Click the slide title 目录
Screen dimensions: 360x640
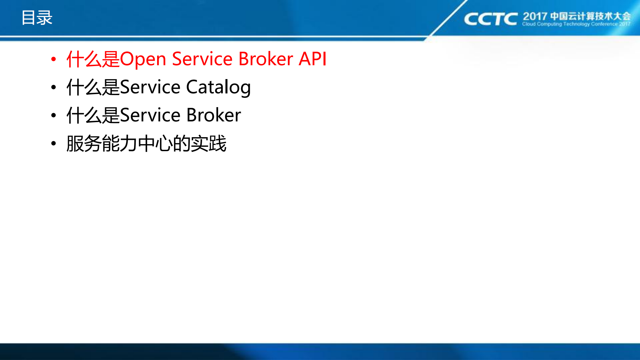click(37, 18)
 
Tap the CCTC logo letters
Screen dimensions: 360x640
click(490, 19)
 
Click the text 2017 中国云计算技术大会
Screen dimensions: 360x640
click(576, 16)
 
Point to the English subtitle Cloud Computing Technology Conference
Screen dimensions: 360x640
click(576, 24)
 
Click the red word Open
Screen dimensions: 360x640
click(143, 59)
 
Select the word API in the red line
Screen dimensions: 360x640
click(312, 59)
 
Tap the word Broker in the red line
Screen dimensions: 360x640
click(265, 59)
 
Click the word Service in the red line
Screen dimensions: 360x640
click(202, 59)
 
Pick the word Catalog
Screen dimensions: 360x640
click(218, 87)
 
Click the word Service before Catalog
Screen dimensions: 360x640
click(150, 87)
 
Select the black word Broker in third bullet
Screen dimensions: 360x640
click(213, 115)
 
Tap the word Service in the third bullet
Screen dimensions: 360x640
click(150, 115)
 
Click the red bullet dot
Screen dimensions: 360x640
click(54, 59)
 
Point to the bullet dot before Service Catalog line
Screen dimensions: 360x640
click(54, 87)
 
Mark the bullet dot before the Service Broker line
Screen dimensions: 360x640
click(54, 115)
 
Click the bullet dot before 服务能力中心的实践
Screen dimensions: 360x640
click(54, 144)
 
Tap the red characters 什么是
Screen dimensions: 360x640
click(93, 59)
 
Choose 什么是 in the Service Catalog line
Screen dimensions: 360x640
click(93, 87)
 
